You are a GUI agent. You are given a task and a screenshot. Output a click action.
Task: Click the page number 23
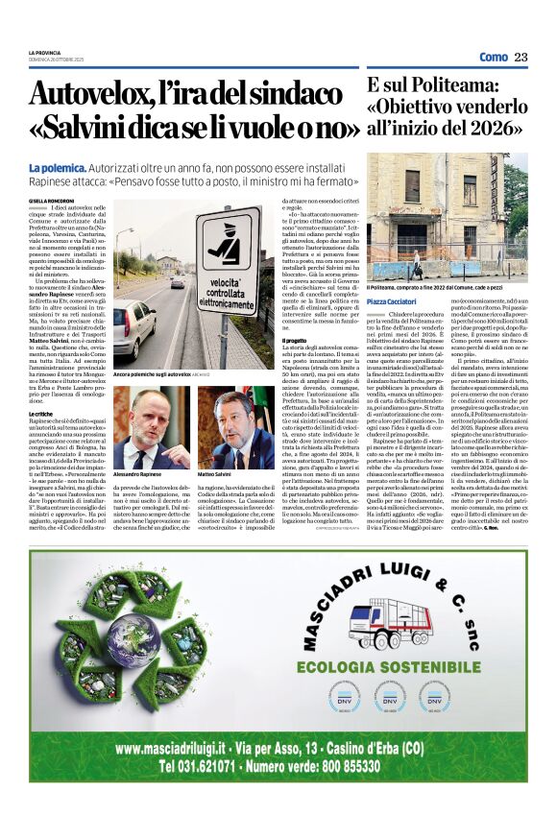pyautogui.click(x=521, y=57)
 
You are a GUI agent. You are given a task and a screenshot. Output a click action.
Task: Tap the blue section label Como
pyautogui.click(x=493, y=57)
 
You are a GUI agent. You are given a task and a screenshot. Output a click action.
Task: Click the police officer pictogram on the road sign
pyautogui.click(x=227, y=246)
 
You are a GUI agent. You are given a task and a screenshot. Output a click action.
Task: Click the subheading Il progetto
pyautogui.click(x=294, y=340)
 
